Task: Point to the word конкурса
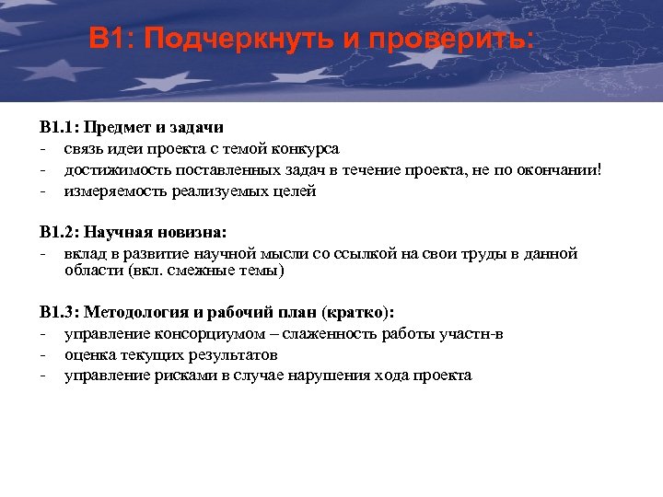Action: coord(306,148)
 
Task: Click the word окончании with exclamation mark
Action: coord(564,169)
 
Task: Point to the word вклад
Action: coord(86,253)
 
